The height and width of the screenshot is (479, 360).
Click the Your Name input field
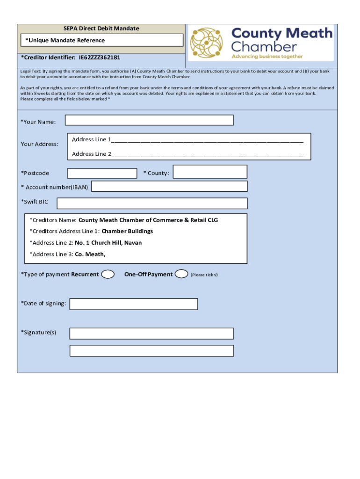tap(149, 120)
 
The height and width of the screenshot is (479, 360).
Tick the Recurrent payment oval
tap(108, 274)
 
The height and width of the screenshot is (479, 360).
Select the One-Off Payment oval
tap(181, 274)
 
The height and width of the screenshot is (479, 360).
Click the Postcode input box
tap(102, 173)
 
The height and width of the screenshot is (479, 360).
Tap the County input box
tap(210, 172)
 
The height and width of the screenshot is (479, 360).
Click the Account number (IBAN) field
tap(169, 186)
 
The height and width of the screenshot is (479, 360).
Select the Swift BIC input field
tap(152, 203)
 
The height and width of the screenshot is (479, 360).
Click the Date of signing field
tap(134, 304)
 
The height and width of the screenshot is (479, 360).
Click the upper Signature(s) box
tap(151, 333)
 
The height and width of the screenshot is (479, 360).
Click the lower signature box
tap(151, 351)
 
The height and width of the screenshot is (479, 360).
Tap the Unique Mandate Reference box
tap(101, 40)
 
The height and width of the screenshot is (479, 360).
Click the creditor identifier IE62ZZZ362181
tap(100, 58)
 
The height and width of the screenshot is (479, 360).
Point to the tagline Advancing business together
tap(267, 57)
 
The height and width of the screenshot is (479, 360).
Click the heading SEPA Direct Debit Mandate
tap(101, 29)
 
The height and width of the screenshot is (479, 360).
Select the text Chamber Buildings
tap(127, 231)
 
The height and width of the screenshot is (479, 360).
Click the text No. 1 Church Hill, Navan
tap(108, 243)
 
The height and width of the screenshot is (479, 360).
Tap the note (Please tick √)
tap(204, 275)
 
